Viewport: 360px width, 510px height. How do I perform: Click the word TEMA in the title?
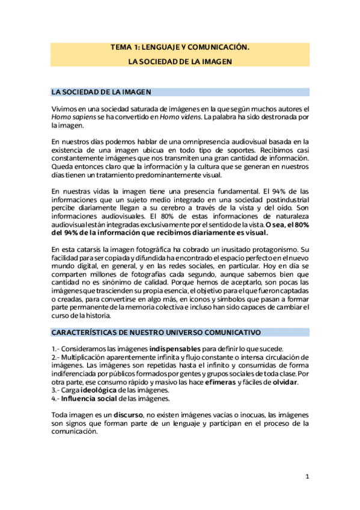tap(120, 46)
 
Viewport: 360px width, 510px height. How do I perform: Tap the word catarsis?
tap(90, 249)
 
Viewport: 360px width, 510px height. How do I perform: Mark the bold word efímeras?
tap(220, 382)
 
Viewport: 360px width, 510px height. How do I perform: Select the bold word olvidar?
tap(284, 382)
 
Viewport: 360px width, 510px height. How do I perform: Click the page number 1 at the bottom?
tap(307, 477)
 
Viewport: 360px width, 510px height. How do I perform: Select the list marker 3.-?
tap(56, 390)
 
